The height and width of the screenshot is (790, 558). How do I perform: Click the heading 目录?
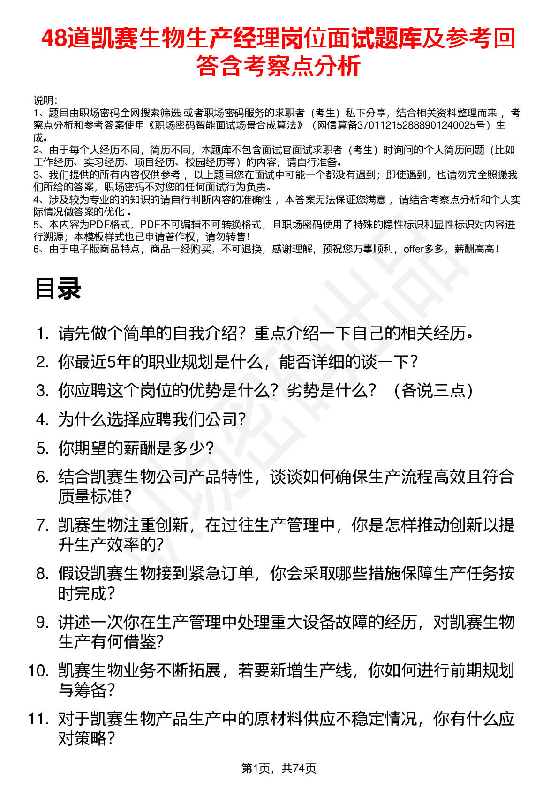pyautogui.click(x=58, y=289)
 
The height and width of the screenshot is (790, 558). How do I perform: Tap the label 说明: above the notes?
pyautogui.click(x=45, y=100)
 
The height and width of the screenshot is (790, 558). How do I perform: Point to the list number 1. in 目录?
pyautogui.click(x=43, y=334)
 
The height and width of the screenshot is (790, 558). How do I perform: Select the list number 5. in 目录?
pyautogui.click(x=43, y=448)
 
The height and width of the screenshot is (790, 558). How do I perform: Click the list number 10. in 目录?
pyautogui.click(x=38, y=671)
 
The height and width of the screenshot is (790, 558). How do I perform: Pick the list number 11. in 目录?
pyautogui.click(x=38, y=719)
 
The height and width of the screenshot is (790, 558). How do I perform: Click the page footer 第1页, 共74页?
pyautogui.click(x=279, y=768)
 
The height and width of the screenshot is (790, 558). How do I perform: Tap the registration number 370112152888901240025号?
pyautogui.click(x=424, y=125)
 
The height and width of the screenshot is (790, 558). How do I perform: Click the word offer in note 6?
pyautogui.click(x=414, y=249)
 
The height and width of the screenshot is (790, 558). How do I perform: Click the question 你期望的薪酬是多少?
pyautogui.click(x=136, y=448)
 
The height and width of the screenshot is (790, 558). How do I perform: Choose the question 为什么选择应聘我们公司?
pyautogui.click(x=152, y=419)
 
